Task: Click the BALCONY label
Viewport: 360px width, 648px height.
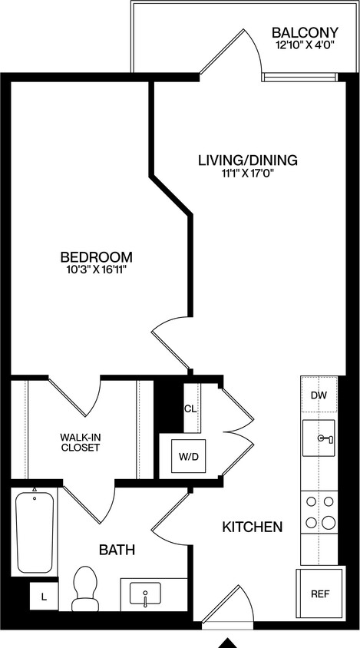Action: coord(305,32)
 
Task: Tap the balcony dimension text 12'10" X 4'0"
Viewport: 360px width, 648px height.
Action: coord(305,46)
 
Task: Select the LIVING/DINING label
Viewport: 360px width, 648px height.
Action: coord(247,160)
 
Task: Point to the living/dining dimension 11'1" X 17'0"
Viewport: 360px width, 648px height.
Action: coord(247,174)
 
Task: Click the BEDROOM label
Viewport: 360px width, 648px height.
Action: coord(97,256)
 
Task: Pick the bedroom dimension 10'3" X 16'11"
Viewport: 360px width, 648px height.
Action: coord(97,269)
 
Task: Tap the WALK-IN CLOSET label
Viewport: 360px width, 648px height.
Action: coord(81,442)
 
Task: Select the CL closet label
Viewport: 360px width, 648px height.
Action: coord(190,408)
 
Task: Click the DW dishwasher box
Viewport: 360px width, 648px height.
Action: coord(319,395)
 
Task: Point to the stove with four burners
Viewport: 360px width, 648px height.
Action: coord(319,512)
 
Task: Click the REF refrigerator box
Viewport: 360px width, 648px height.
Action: coord(319,594)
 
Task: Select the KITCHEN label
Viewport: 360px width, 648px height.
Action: coord(252,527)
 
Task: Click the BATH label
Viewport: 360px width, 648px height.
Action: coord(117,550)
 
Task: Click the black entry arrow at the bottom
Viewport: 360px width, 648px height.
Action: coord(228,642)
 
